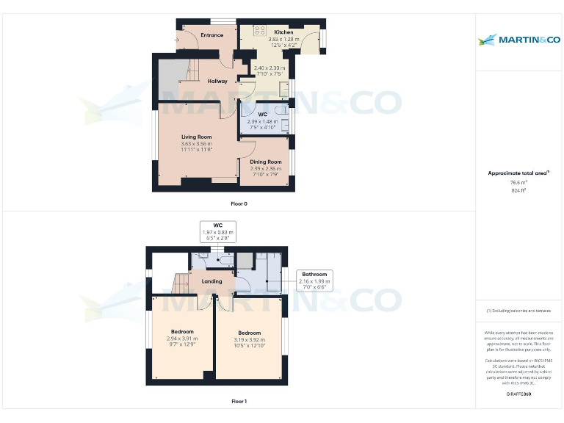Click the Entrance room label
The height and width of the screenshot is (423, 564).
[x=212, y=35]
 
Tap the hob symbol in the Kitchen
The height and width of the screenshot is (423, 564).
[x=259, y=31]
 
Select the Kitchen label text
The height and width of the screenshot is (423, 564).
[x=283, y=33]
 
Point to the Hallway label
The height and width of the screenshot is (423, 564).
[x=217, y=81]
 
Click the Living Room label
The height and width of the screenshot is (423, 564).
[x=197, y=137]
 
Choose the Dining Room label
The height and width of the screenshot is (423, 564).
[x=265, y=162]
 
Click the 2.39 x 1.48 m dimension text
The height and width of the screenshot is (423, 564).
[x=262, y=122]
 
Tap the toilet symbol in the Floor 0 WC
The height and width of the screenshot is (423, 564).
[x=283, y=123]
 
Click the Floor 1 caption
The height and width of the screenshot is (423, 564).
[x=239, y=402]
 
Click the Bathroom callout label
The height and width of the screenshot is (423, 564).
[x=314, y=274]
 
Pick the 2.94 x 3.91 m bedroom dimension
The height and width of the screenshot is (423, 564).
[x=181, y=338]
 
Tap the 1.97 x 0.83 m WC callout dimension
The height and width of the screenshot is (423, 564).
[x=217, y=232]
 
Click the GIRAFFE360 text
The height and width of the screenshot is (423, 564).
[x=518, y=394]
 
